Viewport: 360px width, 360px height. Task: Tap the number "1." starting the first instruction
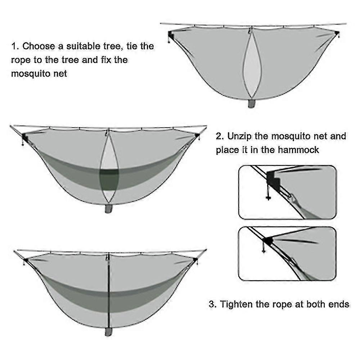pyautogui.click(x=15, y=46)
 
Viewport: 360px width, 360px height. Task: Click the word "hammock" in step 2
pyautogui.click(x=298, y=150)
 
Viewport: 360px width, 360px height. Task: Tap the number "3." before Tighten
pyautogui.click(x=213, y=304)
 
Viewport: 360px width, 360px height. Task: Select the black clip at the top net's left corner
pyautogui.click(x=170, y=35)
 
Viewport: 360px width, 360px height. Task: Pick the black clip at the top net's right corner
pyautogui.click(x=337, y=34)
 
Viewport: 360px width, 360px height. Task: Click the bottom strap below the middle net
pyautogui.click(x=108, y=209)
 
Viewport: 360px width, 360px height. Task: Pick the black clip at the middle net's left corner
pyautogui.click(x=24, y=137)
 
